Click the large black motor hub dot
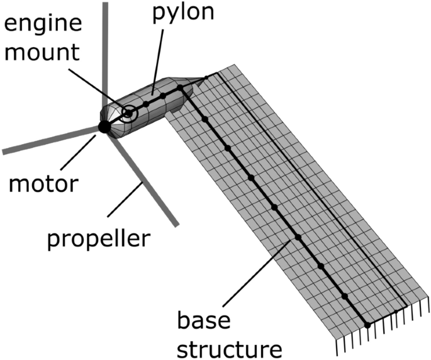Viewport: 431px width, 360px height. [104, 127]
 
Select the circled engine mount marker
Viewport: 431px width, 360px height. [129, 114]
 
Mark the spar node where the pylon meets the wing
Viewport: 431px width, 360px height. [181, 89]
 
